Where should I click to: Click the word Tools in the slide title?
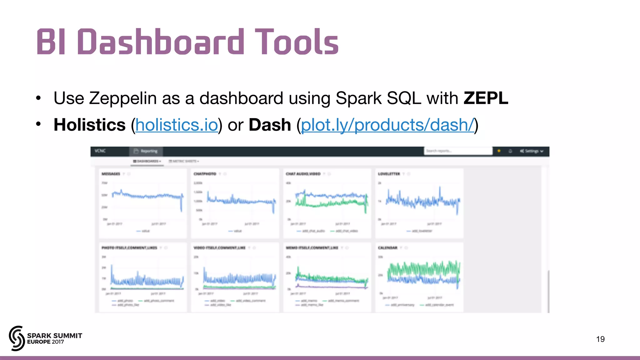pyautogui.click(x=296, y=42)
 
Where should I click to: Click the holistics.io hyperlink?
pyautogui.click(x=177, y=125)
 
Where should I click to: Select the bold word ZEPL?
pyautogui.click(x=486, y=98)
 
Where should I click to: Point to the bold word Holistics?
pyautogui.click(x=90, y=125)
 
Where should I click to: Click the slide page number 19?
pyautogui.click(x=600, y=339)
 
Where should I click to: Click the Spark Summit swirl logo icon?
pyautogui.click(x=17, y=338)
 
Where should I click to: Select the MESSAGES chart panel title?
pyautogui.click(x=111, y=174)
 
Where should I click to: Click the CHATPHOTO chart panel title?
pyautogui.click(x=205, y=174)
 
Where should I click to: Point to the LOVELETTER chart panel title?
pyautogui.click(x=389, y=174)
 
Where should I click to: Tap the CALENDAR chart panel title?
pyautogui.click(x=388, y=248)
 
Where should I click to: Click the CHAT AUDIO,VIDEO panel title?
pyautogui.click(x=303, y=174)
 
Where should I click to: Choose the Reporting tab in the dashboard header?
pyautogui.click(x=146, y=151)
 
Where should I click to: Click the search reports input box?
pyautogui.click(x=458, y=151)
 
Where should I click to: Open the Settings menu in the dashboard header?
pyautogui.click(x=532, y=151)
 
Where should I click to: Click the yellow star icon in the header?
pyautogui.click(x=499, y=151)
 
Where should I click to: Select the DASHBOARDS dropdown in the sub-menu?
pyautogui.click(x=147, y=161)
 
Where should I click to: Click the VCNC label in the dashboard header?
pyautogui.click(x=100, y=151)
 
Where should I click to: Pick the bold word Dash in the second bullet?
pyautogui.click(x=270, y=125)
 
